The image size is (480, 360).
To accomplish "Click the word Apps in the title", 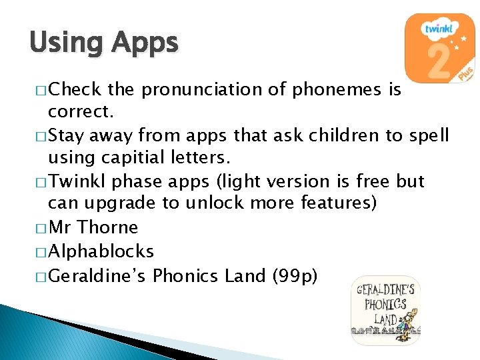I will pos(145,43).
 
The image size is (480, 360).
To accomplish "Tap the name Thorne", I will pos(107,228).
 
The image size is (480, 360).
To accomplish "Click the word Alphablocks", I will pos(101,251).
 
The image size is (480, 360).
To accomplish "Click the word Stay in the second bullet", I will pos(67,136).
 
